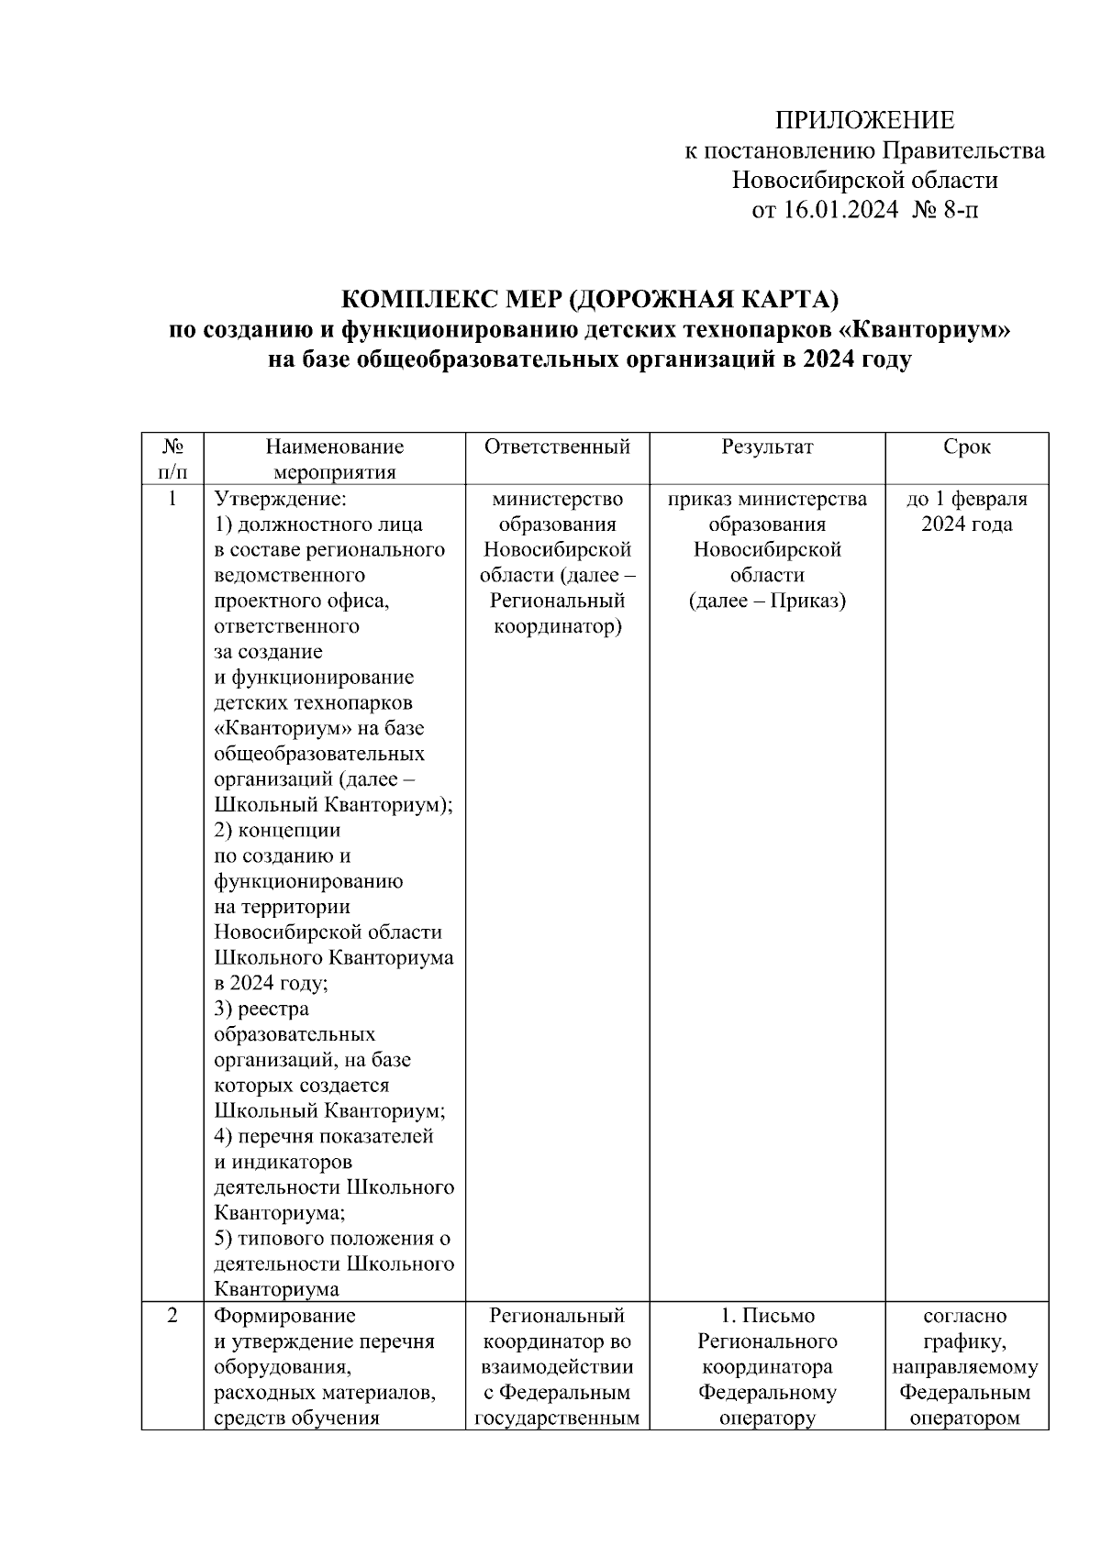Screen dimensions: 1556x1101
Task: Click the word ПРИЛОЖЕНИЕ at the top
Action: coord(864,120)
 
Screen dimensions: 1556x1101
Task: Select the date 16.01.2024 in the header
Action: coord(840,211)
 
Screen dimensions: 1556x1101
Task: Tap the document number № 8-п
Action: coord(945,211)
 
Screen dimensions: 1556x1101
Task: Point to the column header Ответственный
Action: coord(557,447)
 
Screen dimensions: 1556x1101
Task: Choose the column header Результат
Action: coord(767,447)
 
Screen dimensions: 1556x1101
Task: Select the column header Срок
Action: coord(966,447)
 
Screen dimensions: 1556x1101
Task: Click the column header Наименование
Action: coord(335,447)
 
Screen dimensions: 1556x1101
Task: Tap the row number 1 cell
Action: coord(172,500)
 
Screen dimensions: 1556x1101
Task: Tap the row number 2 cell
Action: coord(172,1316)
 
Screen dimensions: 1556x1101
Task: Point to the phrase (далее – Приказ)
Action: coord(767,601)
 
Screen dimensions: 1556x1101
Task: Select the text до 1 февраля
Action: coord(966,500)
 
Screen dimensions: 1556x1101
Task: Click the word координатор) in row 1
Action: coord(557,627)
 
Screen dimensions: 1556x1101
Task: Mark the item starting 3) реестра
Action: coord(261,1010)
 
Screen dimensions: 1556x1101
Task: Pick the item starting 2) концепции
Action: coord(277,831)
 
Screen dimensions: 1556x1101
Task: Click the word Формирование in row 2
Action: coord(284,1316)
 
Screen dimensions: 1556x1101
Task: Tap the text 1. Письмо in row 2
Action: coord(767,1316)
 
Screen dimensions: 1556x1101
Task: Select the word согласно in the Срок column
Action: coord(965,1316)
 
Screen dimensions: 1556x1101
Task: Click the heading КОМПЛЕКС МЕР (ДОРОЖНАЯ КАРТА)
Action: coord(590,300)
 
